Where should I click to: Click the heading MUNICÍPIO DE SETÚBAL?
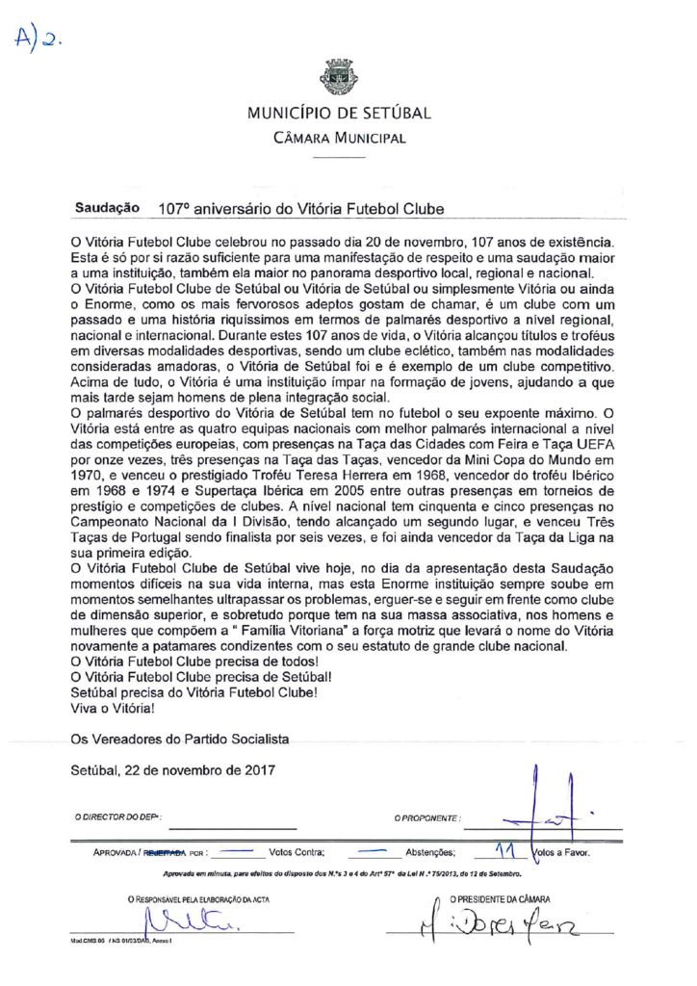(x=339, y=114)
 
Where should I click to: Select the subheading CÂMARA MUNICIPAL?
(x=339, y=138)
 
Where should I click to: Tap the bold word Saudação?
(x=106, y=208)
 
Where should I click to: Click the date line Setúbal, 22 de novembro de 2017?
(x=173, y=769)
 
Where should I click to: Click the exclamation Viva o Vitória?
(x=113, y=708)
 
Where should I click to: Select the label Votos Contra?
(x=297, y=853)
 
